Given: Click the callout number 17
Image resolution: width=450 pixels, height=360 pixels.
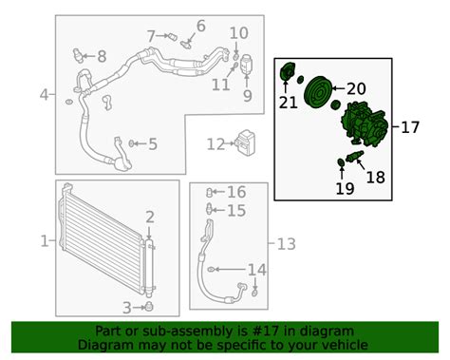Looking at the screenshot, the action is pos(410,127).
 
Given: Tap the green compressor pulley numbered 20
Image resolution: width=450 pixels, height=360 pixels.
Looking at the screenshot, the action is pos(317,92).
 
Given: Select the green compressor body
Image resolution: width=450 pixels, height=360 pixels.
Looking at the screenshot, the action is pos(364,124).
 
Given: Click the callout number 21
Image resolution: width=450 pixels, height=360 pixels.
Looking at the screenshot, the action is pos(288,103).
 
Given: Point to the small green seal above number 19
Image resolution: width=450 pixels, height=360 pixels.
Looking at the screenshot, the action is pos(341,162).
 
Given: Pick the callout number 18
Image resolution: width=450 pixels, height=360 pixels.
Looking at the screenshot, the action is pos(376,178).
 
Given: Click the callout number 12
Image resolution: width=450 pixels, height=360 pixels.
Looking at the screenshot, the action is pos(216,144).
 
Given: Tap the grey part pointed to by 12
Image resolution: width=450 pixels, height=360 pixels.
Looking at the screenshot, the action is pos(245,143).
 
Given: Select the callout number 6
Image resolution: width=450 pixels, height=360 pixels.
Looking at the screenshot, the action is pos(201,26).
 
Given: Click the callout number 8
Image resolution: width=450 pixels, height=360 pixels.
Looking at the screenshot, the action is pos(102,57).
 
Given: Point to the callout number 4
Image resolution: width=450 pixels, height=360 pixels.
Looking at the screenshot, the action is pos(45,94).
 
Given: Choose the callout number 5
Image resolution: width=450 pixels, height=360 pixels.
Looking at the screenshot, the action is pos(153,144).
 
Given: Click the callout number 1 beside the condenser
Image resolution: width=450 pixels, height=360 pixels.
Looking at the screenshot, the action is pos(45,241).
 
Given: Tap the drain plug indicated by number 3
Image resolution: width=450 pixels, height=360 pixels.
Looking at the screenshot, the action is pos(148,306).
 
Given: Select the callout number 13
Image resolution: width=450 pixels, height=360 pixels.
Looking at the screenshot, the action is pos(287,244).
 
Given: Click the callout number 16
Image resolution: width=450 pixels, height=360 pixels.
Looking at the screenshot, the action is pos(236,192).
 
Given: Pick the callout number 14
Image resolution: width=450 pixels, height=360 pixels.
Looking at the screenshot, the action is pos(256,270).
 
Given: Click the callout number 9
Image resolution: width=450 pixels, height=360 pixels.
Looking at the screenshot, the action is pos(248,95).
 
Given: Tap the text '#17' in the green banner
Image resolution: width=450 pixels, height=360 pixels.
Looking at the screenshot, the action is pos(267,332).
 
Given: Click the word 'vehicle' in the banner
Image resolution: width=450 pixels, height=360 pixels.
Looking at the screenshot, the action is pos(348,345).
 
